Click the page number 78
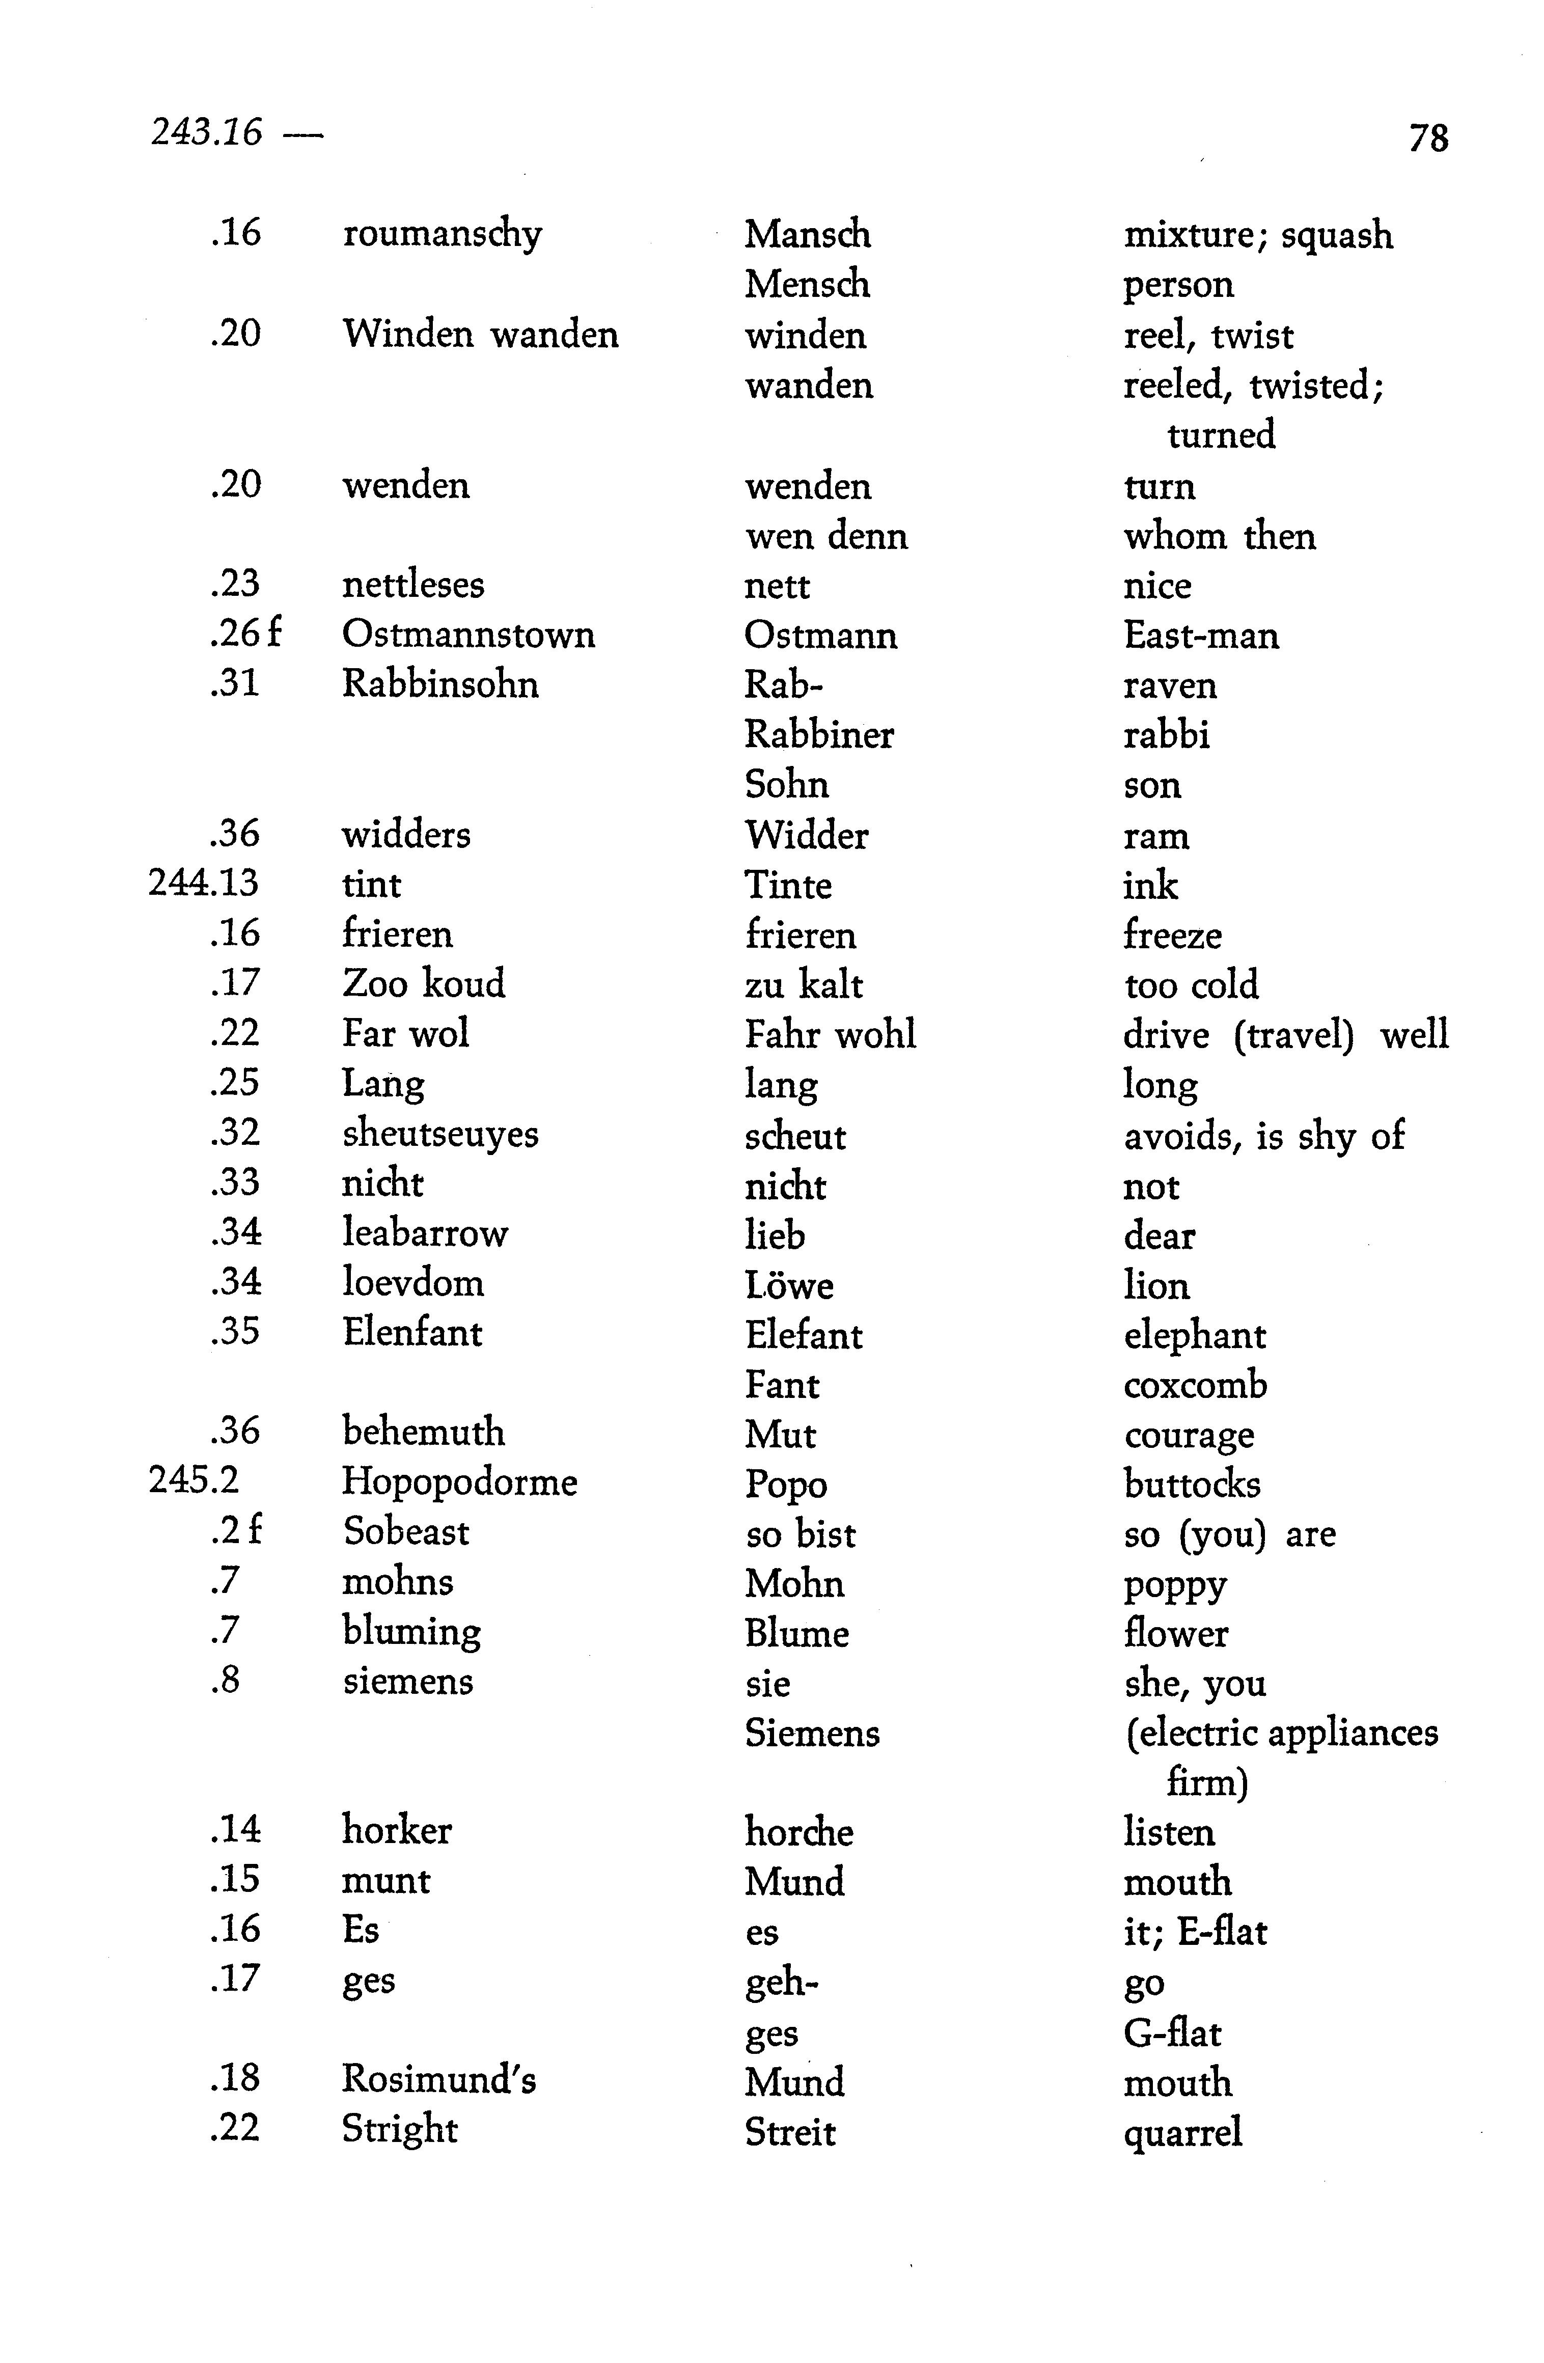1428,137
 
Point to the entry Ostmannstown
467,635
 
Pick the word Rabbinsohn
440,684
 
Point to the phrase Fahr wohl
829,1034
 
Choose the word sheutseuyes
440,1134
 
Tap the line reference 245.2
194,1480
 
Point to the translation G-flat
1172,2032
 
